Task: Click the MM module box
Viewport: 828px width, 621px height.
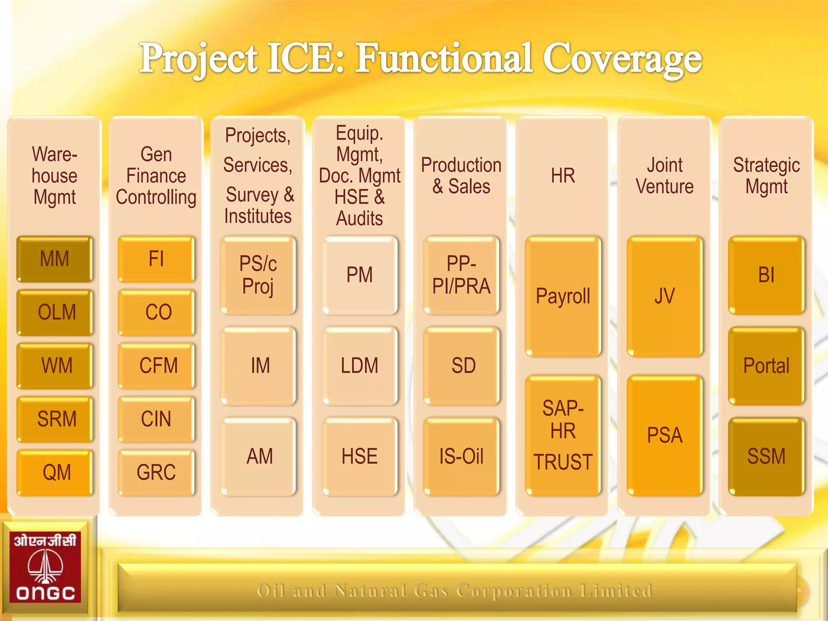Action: pyautogui.click(x=55, y=259)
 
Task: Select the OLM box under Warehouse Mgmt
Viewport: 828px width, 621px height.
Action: pyautogui.click(x=55, y=312)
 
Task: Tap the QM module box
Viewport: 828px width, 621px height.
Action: pyautogui.click(x=55, y=472)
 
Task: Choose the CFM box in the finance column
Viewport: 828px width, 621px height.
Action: pyautogui.click(x=156, y=365)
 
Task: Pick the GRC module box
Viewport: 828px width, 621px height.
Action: pyautogui.click(x=156, y=472)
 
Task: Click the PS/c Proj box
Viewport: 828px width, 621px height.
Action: pyautogui.click(x=258, y=275)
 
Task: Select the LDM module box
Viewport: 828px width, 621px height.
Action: pyautogui.click(x=360, y=365)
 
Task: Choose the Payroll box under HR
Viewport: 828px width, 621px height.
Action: pyautogui.click(x=563, y=296)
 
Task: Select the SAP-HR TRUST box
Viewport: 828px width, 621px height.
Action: pyautogui.click(x=563, y=435)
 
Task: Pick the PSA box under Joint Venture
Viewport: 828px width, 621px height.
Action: pyautogui.click(x=665, y=435)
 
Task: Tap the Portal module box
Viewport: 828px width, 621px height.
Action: pyautogui.click(x=766, y=365)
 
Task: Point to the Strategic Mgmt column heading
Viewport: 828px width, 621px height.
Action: pyautogui.click(x=766, y=176)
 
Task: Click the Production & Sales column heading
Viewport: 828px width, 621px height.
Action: pyautogui.click(x=461, y=176)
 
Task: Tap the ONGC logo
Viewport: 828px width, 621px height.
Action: pyautogui.click(x=45, y=568)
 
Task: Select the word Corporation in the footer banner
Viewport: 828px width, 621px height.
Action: pyautogui.click(x=514, y=591)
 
